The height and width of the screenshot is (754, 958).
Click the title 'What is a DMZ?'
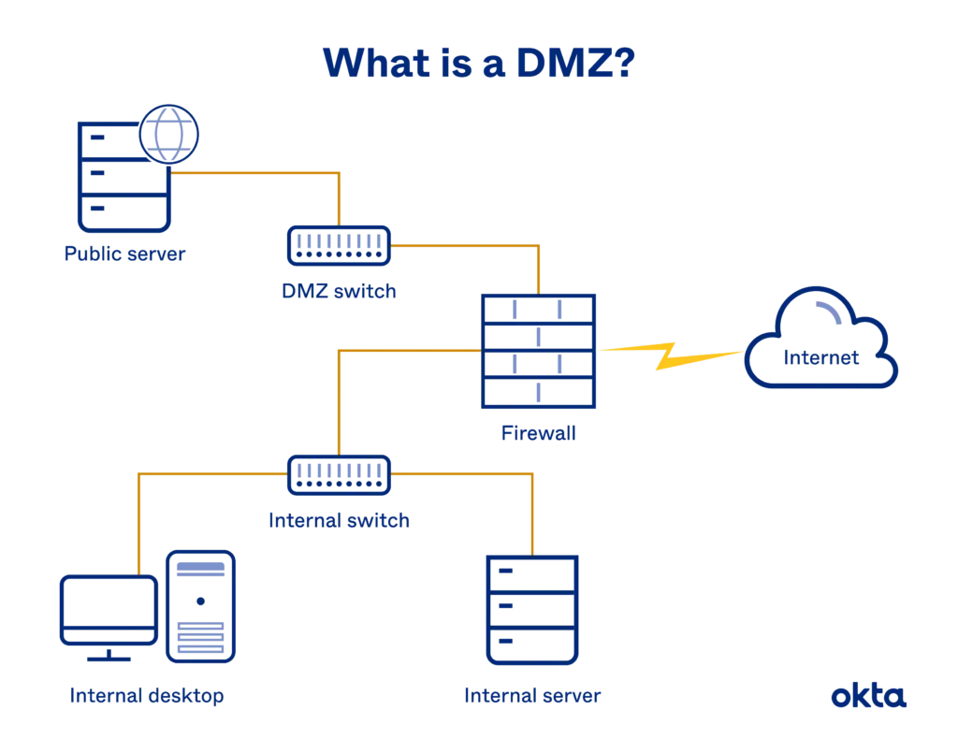[x=478, y=64]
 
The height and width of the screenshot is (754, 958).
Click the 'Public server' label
[x=124, y=254]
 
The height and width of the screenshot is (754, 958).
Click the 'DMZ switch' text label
[x=339, y=291]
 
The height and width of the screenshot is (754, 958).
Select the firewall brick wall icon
[x=538, y=352]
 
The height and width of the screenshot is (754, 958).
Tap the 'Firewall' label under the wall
[x=538, y=433]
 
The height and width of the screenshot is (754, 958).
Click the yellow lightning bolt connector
[x=670, y=354]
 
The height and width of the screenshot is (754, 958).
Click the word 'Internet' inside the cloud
[x=820, y=358]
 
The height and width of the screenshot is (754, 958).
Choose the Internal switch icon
[x=339, y=474]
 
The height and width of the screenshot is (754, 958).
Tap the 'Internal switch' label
[x=340, y=519]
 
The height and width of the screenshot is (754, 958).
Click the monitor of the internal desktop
[x=109, y=613]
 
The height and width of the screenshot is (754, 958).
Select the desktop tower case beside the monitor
[x=200, y=606]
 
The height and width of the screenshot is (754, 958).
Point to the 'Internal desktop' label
[x=146, y=696]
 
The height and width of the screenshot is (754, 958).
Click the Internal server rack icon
[x=533, y=609]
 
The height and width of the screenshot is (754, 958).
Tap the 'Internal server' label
[x=533, y=696]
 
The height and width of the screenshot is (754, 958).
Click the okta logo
[x=869, y=696]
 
